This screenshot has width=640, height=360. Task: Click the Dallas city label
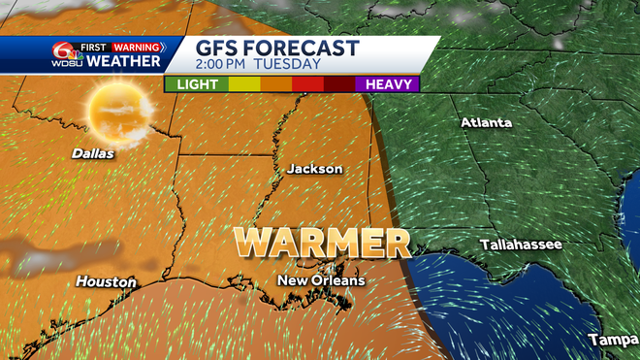click(x=93, y=153)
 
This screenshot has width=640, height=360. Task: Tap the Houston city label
click(x=107, y=281)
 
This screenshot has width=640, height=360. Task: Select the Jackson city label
click(x=314, y=169)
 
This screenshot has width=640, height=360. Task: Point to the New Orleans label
click(x=321, y=280)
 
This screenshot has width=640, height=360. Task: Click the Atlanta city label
click(x=486, y=122)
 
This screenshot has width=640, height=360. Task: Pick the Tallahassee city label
click(x=521, y=245)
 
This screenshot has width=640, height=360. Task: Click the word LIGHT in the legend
click(x=196, y=84)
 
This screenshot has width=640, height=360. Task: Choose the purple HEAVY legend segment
click(x=386, y=84)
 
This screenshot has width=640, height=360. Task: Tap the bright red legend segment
click(x=307, y=84)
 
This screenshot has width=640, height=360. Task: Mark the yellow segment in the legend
click(x=243, y=84)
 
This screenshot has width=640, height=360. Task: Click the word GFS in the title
click(x=221, y=49)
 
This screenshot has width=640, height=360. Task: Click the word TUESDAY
click(x=290, y=65)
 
